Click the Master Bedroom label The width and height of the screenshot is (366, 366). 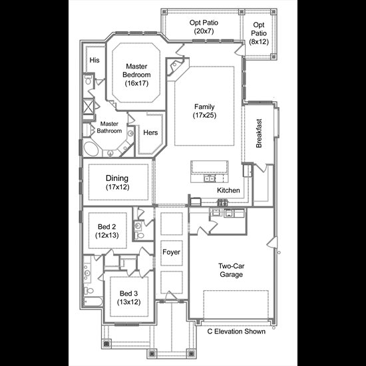tap(136, 75)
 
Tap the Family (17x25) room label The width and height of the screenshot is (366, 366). tap(204, 111)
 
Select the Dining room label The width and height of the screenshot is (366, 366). tap(117, 182)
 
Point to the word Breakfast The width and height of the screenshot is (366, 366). tap(259, 133)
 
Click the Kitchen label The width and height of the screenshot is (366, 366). tap(228, 190)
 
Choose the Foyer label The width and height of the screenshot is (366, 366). tap(171, 252)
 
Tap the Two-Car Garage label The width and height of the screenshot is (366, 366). tap(232, 270)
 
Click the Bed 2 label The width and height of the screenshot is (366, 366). tap(107, 231)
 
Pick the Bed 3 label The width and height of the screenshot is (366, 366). tap(129, 297)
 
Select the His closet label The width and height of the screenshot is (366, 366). tap(94, 60)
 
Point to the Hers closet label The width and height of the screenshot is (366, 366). tap(150, 132)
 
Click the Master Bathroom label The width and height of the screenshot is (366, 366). tap(109, 127)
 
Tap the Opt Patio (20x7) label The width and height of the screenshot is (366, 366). tap(204, 27)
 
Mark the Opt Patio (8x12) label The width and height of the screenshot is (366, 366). tap(259, 33)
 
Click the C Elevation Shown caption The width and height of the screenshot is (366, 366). tap(236, 331)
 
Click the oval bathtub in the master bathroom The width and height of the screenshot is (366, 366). tap(91, 148)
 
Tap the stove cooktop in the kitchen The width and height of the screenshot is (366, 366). tap(222, 202)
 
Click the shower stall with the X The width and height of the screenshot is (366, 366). tap(89, 107)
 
